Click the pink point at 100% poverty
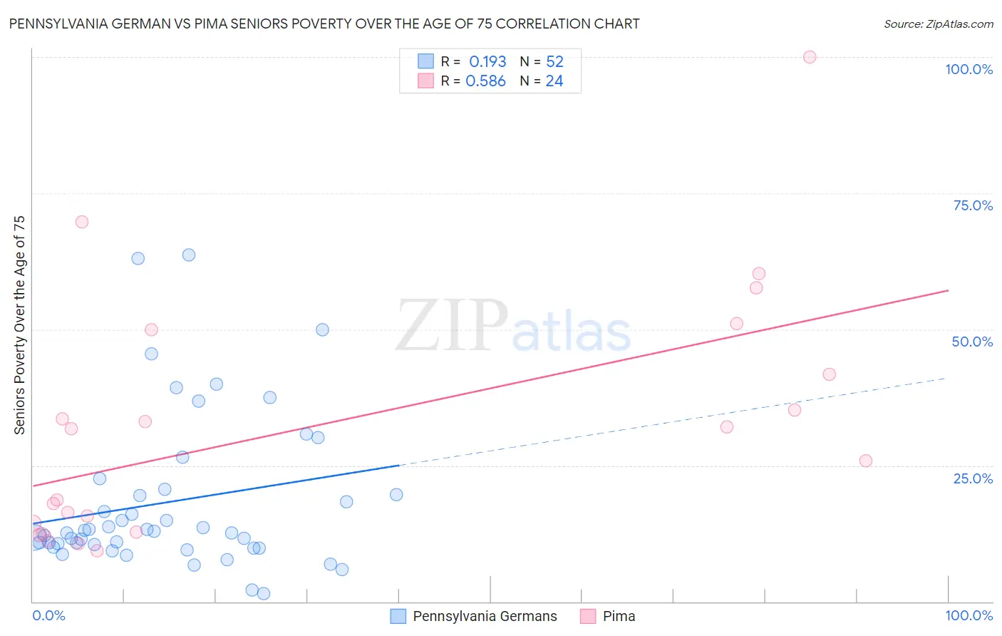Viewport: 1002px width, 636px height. tap(810, 57)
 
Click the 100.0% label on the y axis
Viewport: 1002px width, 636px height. tap(969, 69)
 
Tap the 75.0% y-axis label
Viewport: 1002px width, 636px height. tap(973, 205)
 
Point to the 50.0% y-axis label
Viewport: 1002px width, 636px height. tap(972, 342)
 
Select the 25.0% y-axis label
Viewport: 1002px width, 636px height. tap(973, 478)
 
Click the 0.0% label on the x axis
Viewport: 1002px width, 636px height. tap(48, 615)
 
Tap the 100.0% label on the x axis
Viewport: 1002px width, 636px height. tap(969, 615)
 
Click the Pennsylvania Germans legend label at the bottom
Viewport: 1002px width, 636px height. tap(485, 616)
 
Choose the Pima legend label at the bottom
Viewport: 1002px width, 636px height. tap(619, 616)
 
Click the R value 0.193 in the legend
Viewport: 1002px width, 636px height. tap(487, 61)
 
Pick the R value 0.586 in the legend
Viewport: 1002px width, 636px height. tap(485, 81)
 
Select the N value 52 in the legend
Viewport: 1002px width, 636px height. tap(554, 61)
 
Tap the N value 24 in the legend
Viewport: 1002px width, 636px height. tap(554, 81)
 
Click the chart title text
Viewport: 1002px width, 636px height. tap(324, 24)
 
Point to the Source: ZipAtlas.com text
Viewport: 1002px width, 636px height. tap(938, 24)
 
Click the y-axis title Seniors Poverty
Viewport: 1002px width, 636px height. tap(19, 324)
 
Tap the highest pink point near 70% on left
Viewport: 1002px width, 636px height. tap(82, 222)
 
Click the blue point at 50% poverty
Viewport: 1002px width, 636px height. tap(322, 329)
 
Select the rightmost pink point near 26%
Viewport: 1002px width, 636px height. tap(866, 461)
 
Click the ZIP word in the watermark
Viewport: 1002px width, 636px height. tap(451, 326)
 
